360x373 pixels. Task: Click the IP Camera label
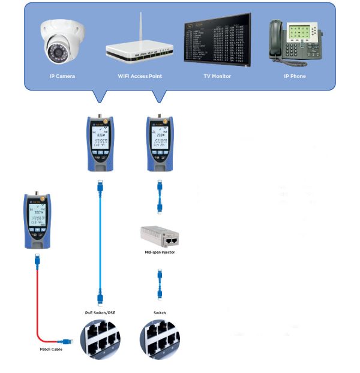pos(62,76)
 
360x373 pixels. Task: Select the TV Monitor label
pos(217,76)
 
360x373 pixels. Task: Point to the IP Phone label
pos(295,76)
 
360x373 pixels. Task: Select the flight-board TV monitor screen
pos(217,41)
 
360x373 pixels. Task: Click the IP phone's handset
pos(277,42)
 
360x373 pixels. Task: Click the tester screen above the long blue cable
pos(100,139)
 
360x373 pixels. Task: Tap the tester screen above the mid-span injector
pos(160,139)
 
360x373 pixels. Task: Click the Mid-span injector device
pos(160,239)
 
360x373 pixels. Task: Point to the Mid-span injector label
pos(160,253)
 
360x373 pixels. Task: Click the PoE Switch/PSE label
pos(100,313)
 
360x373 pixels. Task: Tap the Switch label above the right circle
pos(160,313)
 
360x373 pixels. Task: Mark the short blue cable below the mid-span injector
pos(160,284)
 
